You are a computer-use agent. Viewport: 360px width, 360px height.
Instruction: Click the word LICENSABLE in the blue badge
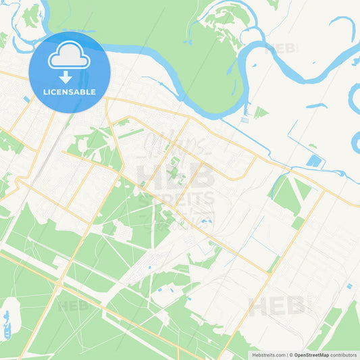click(x=70, y=92)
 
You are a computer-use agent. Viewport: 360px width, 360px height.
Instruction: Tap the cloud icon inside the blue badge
click(x=70, y=56)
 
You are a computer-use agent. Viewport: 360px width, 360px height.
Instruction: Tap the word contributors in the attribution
click(x=343, y=355)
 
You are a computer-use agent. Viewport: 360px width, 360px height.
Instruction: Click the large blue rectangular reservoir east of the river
click(x=313, y=161)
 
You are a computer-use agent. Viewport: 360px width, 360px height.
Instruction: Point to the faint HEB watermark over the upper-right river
click(x=282, y=49)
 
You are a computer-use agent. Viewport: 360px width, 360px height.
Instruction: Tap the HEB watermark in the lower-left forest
click(x=74, y=306)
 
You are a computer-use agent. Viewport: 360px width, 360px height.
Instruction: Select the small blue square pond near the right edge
click(x=349, y=286)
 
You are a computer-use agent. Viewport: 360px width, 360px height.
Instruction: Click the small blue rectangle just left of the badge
click(x=26, y=99)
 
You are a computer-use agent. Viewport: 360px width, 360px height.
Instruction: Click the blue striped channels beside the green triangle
click(x=245, y=118)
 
